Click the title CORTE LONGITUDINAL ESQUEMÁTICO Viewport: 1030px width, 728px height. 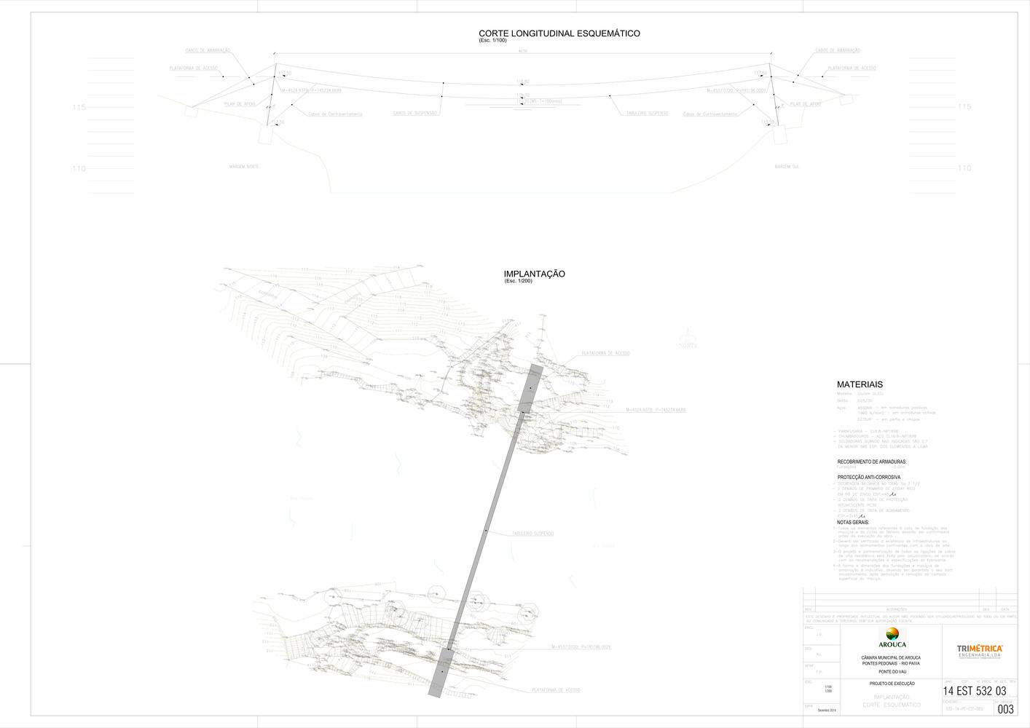pos(559,33)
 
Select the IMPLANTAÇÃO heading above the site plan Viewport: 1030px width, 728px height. pos(534,274)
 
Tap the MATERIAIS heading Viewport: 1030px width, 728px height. pos(860,384)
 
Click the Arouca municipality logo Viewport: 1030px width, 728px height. pos(892,638)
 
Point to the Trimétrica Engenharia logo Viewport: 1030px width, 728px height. pos(980,650)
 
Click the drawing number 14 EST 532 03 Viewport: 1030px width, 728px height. pos(974,691)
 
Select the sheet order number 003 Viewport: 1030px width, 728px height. pos(1005,709)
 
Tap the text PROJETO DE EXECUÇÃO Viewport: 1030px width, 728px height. pos(892,684)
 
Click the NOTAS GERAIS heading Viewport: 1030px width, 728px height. pos(853,522)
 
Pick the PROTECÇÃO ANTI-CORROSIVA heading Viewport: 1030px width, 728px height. pos(869,477)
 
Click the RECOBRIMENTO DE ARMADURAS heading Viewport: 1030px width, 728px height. pos(872,462)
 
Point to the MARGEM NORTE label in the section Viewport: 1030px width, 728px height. pos(244,167)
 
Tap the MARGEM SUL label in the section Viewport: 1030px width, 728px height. pos(787,167)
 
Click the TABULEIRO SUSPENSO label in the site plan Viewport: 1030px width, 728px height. pos(533,534)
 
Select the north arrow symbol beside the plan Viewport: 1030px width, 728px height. pos(688,340)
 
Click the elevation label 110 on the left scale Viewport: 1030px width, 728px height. pos(79,169)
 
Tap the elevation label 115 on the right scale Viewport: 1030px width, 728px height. pos(964,107)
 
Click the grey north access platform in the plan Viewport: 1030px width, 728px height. pos(531,387)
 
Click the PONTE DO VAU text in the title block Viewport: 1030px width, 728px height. pos(892,671)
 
